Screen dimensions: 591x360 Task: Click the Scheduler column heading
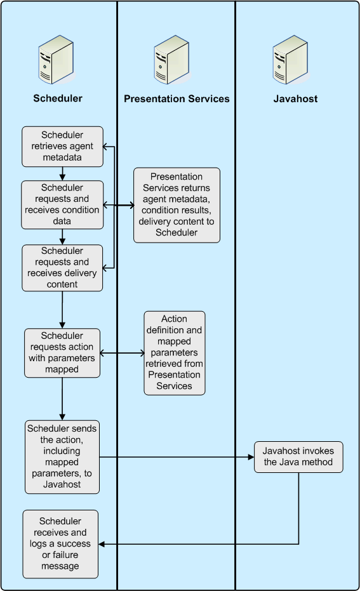(58, 98)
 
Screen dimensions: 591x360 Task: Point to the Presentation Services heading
(177, 98)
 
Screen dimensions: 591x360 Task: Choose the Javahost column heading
(295, 98)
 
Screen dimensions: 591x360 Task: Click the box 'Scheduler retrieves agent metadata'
(62, 146)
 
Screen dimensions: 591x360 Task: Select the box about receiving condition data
(62, 204)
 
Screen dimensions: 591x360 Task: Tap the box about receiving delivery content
(62, 267)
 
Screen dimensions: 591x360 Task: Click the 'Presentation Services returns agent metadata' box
(177, 204)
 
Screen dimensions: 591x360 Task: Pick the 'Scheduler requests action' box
(62, 352)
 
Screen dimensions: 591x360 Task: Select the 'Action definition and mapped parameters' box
(175, 352)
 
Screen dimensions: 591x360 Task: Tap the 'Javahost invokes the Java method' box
(298, 456)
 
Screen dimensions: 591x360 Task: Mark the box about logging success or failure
(60, 543)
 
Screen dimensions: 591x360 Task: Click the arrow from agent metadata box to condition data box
(62, 173)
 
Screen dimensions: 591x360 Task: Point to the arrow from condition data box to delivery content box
(62, 237)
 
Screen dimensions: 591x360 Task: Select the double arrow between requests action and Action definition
(122, 353)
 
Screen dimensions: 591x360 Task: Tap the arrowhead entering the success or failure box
(103, 543)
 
